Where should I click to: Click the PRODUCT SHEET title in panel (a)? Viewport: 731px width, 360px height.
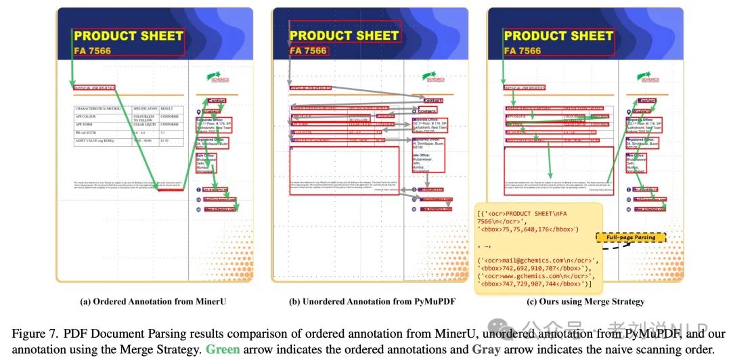(x=129, y=35)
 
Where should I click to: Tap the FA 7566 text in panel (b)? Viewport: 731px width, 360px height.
(x=308, y=51)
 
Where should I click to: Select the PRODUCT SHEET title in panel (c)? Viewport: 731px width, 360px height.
(x=558, y=35)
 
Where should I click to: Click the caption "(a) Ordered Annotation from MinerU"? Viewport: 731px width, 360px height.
(x=153, y=301)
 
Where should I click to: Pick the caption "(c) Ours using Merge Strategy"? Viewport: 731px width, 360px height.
(x=585, y=301)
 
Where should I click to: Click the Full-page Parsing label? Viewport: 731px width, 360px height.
(x=631, y=238)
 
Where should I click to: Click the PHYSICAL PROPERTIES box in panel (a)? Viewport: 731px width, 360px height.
(x=95, y=87)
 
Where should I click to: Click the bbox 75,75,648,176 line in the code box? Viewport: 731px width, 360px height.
(x=528, y=229)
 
